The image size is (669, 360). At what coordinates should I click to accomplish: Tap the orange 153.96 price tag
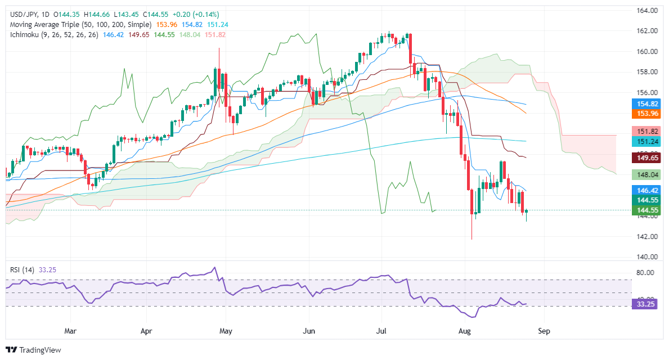(x=644, y=114)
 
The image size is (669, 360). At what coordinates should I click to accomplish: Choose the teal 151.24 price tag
(x=644, y=142)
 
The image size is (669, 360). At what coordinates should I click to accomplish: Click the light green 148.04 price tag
(x=644, y=175)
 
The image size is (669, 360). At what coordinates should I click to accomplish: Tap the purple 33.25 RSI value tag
(x=644, y=304)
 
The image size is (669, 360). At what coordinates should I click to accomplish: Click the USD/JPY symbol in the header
(x=20, y=14)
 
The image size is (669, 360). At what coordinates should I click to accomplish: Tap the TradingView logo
(x=34, y=350)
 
